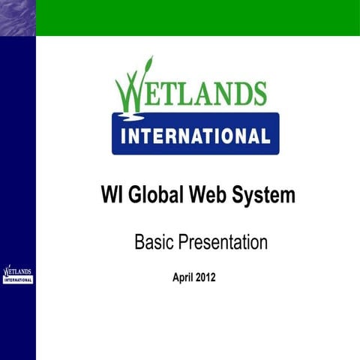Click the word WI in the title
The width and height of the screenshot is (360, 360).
pyautogui.click(x=112, y=196)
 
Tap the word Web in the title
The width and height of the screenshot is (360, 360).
pyautogui.click(x=206, y=196)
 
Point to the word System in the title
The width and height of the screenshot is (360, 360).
pyautogui.click(x=262, y=196)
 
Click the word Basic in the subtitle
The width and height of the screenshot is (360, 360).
pyautogui.click(x=153, y=242)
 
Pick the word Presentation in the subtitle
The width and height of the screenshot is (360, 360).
pyautogui.click(x=221, y=242)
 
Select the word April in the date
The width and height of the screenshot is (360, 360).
pyautogui.click(x=184, y=277)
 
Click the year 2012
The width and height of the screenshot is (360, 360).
pyautogui.click(x=206, y=277)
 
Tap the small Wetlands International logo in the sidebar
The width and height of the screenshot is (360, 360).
pyautogui.click(x=18, y=274)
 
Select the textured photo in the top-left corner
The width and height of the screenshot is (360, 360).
pyautogui.click(x=17, y=17)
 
